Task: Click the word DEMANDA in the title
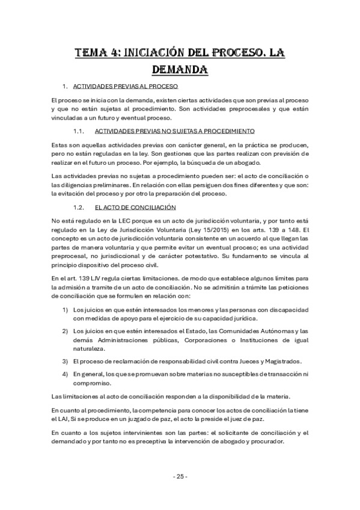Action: tap(180, 70)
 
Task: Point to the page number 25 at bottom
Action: tap(180, 476)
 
